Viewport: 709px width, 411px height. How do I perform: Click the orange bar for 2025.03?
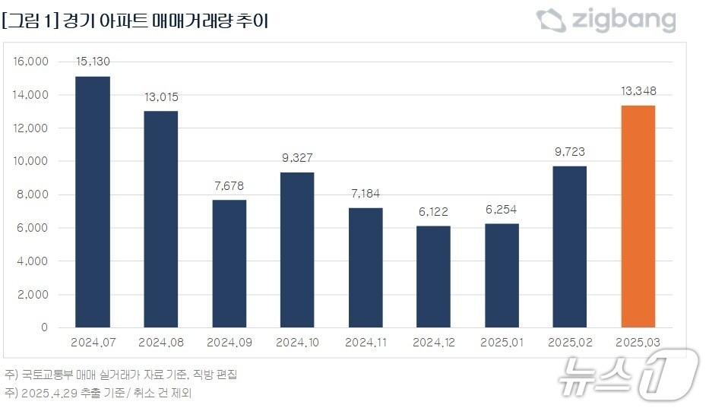tap(638, 217)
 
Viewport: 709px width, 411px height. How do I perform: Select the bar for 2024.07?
tap(92, 202)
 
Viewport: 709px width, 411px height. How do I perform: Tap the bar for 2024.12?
tap(433, 277)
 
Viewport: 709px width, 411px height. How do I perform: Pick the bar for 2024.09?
tap(229, 264)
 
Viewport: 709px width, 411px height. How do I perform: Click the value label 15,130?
tap(92, 62)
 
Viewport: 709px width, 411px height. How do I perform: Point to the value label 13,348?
tap(638, 91)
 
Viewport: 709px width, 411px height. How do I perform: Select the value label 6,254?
tap(502, 209)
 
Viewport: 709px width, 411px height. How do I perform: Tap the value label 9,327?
tap(297, 158)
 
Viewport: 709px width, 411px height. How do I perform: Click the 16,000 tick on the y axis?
tap(31, 62)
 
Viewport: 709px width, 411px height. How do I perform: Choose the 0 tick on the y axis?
tap(44, 327)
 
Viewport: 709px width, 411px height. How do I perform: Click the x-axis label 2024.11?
tap(366, 343)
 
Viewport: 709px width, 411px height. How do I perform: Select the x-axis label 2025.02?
tap(570, 343)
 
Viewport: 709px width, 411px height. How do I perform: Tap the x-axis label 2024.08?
tap(160, 343)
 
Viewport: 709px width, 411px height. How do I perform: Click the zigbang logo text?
tap(625, 21)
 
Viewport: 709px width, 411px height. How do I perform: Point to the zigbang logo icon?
tap(551, 21)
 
